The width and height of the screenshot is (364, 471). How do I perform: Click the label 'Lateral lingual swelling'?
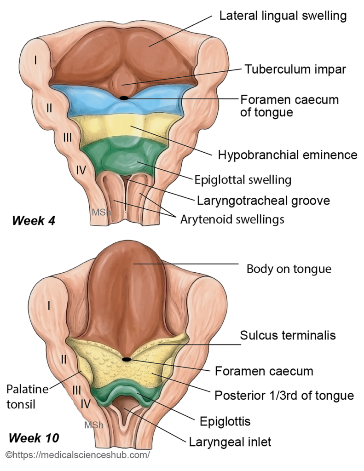pyautogui.click(x=283, y=16)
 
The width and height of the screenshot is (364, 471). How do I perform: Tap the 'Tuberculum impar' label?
pyautogui.click(x=295, y=69)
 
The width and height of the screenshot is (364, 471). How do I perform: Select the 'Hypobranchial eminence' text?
pyautogui.click(x=288, y=155)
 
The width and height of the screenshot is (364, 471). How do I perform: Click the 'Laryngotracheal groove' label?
pyautogui.click(x=264, y=201)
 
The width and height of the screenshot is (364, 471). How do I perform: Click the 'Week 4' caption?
pyautogui.click(x=34, y=220)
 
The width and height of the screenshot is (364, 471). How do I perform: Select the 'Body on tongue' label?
pyautogui.click(x=289, y=269)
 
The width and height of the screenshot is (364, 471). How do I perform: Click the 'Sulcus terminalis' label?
pyautogui.click(x=288, y=335)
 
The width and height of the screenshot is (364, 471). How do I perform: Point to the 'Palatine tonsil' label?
pyautogui.click(x=27, y=397)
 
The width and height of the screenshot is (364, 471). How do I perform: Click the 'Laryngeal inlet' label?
pyautogui.click(x=230, y=442)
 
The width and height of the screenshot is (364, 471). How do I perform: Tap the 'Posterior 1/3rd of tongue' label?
pyautogui.click(x=284, y=395)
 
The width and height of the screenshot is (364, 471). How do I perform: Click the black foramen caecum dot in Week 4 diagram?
pyautogui.click(x=124, y=98)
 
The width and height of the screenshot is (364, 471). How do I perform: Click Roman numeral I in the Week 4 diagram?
pyautogui.click(x=34, y=59)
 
